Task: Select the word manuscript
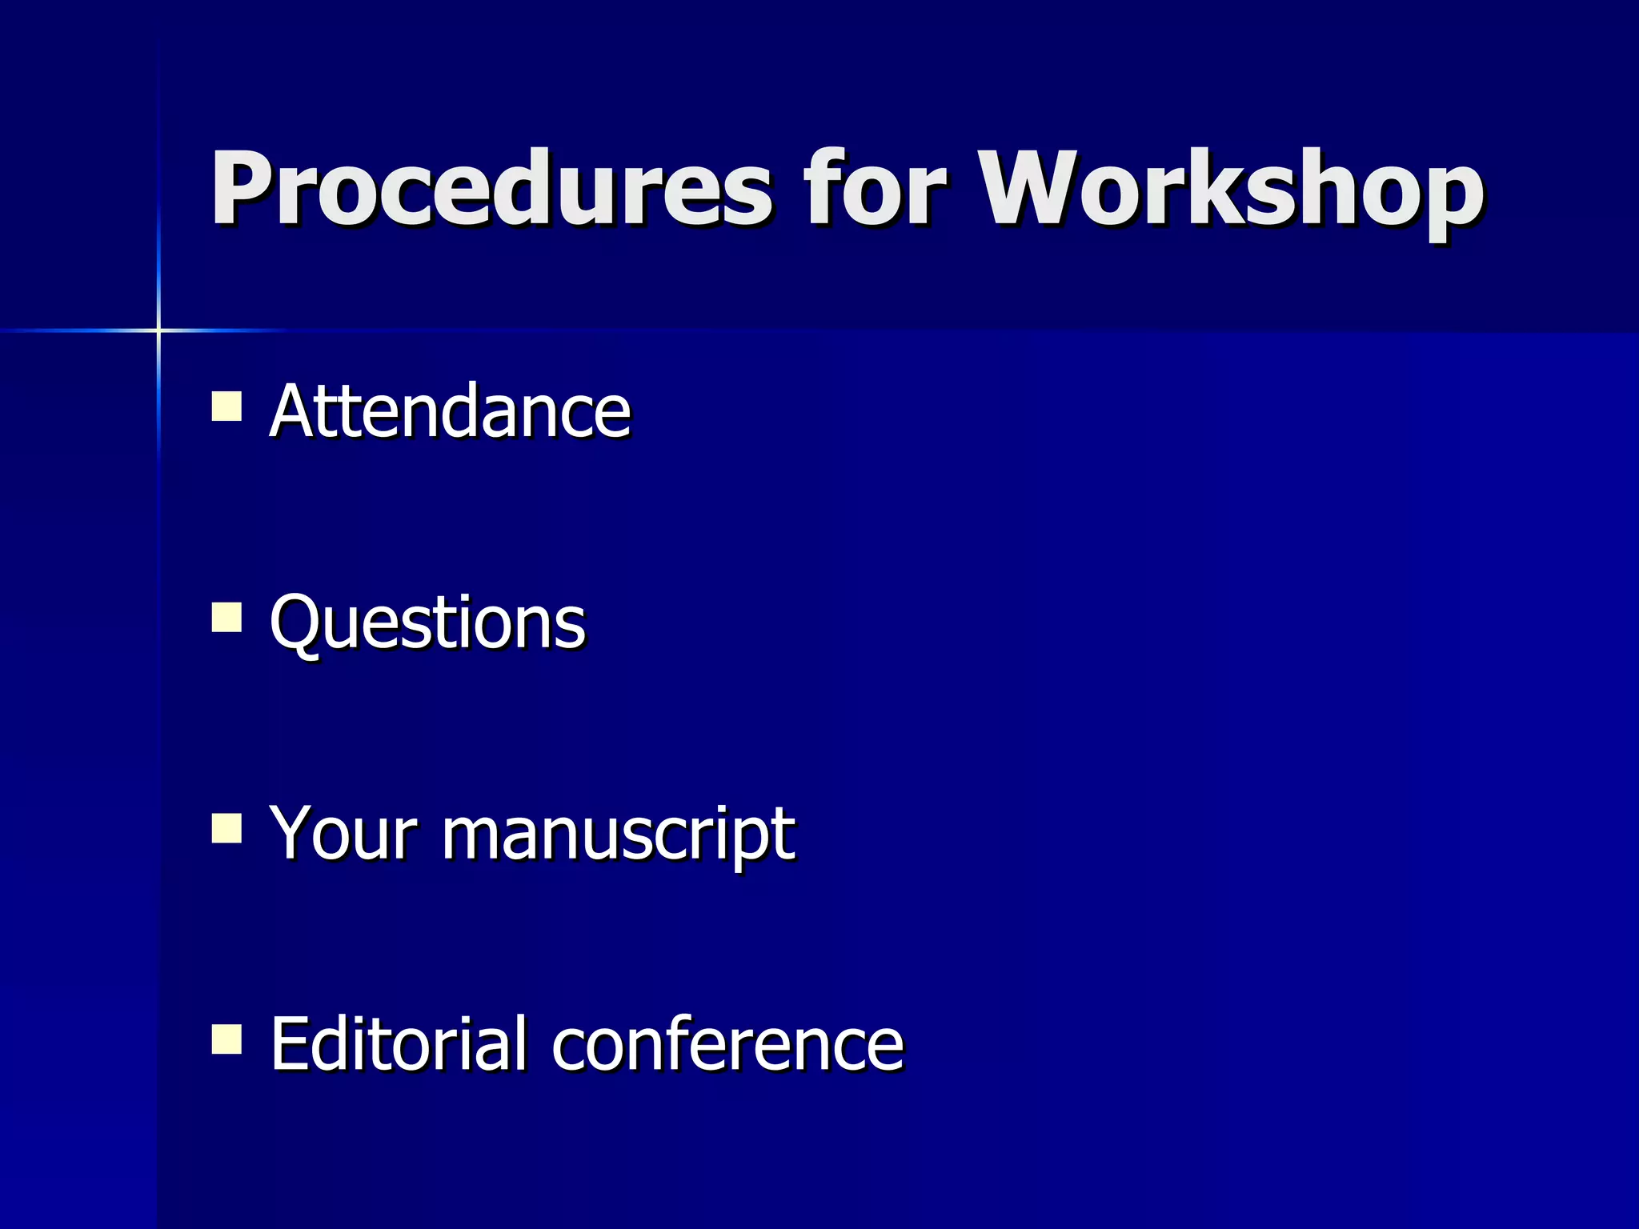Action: pyautogui.click(x=619, y=836)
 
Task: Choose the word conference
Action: pyautogui.click(x=727, y=1044)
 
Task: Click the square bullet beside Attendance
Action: pyautogui.click(x=226, y=406)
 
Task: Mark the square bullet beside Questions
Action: pyautogui.click(x=226, y=617)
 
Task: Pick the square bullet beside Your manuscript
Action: pyautogui.click(x=226, y=828)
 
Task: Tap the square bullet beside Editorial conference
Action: pyautogui.click(x=226, y=1039)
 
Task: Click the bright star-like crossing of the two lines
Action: pyautogui.click(x=158, y=330)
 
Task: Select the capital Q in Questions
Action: pyautogui.click(x=295, y=622)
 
